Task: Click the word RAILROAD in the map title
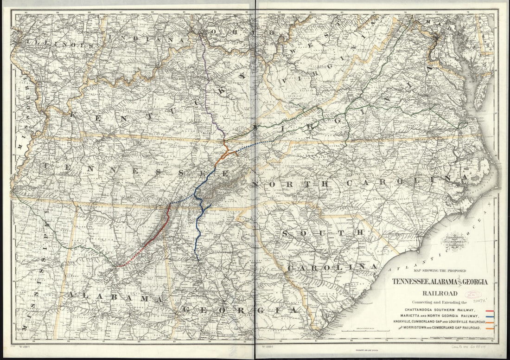pos(439,293)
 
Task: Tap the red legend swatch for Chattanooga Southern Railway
pos(489,309)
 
